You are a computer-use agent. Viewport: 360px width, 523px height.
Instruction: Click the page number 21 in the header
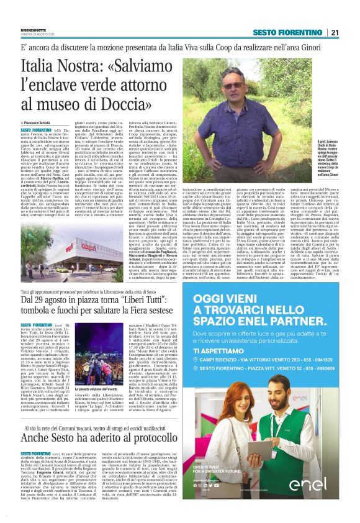335,32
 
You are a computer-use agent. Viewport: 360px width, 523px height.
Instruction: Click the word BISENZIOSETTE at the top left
34,29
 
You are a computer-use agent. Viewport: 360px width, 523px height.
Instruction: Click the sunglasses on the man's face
232,85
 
